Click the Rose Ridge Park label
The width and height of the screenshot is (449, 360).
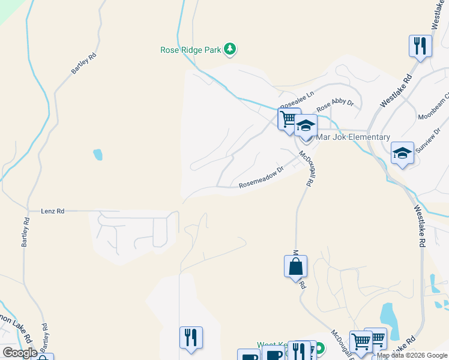click(x=191, y=50)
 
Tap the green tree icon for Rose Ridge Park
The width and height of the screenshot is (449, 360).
click(x=230, y=49)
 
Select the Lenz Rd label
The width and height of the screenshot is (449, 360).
click(x=52, y=211)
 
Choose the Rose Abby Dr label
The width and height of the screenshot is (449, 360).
click(x=335, y=104)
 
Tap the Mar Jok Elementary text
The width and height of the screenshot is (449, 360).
click(x=353, y=137)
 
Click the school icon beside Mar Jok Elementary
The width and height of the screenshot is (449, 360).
click(x=306, y=126)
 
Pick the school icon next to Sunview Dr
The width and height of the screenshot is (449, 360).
click(x=402, y=153)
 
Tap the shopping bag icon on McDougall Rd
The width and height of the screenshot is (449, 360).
click(x=296, y=266)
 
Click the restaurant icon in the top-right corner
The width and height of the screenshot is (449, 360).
click(x=420, y=46)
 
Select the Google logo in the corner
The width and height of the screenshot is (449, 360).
click(x=20, y=353)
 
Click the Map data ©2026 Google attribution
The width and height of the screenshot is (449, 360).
click(x=412, y=355)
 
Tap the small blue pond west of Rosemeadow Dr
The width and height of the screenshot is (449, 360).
click(x=97, y=155)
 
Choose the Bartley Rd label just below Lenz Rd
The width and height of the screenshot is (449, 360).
click(x=25, y=231)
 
